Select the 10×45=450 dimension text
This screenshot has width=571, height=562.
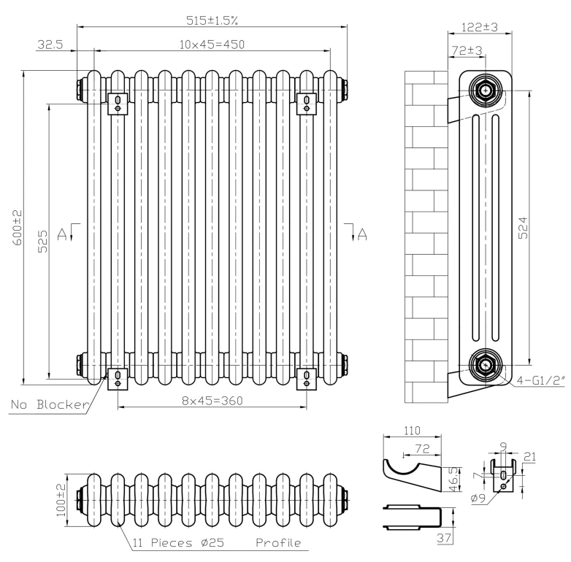click(x=212, y=44)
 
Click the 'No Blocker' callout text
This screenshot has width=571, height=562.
click(x=50, y=404)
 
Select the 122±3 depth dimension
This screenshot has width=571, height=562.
click(x=480, y=28)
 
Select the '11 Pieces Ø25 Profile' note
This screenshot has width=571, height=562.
click(x=217, y=544)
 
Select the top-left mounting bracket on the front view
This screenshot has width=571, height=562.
click(x=117, y=102)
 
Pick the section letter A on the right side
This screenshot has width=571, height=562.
click(x=362, y=233)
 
